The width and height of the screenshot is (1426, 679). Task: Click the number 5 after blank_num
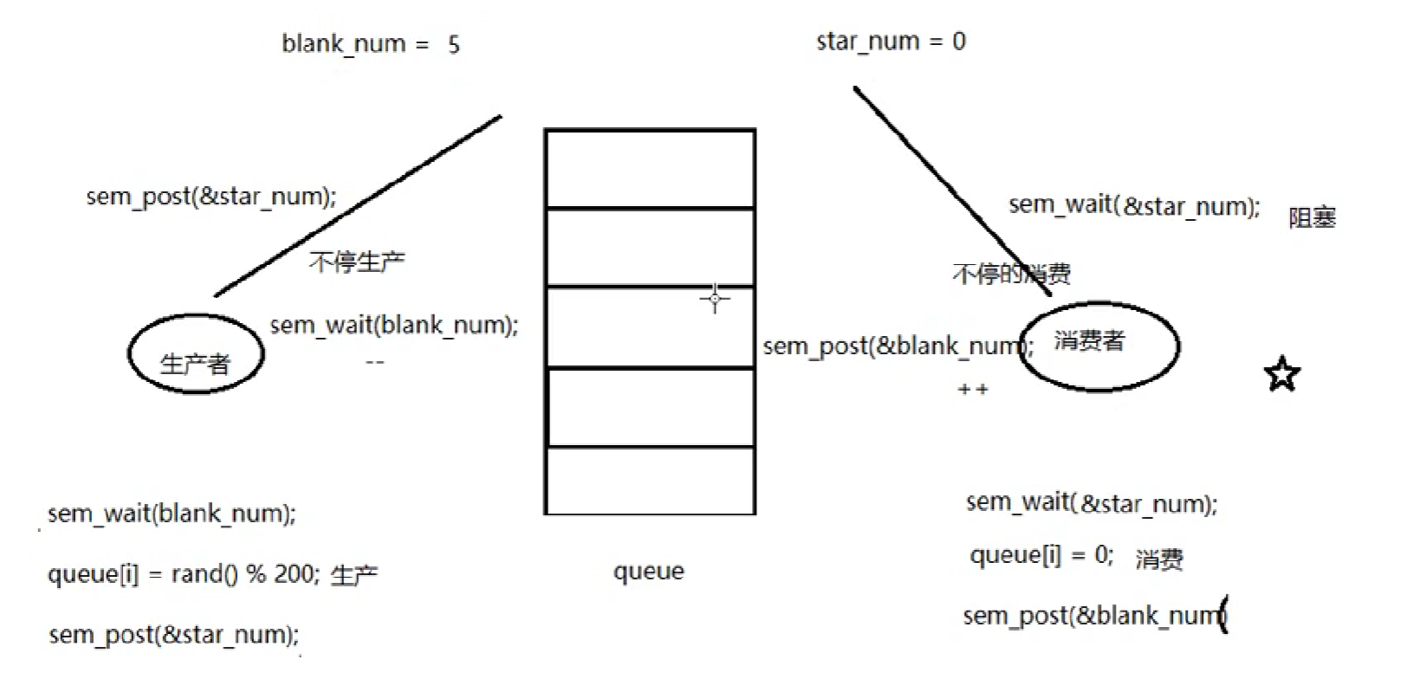point(453,44)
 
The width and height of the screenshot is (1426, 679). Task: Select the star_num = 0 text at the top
point(891,42)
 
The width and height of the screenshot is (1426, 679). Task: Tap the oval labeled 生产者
point(196,354)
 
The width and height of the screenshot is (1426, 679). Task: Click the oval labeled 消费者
point(1099,345)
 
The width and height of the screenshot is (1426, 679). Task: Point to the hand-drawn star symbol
point(1281,375)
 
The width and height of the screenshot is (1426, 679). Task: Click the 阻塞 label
point(1312,217)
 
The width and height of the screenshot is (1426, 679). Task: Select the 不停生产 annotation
point(357,262)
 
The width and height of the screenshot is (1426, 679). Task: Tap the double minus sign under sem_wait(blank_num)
point(374,362)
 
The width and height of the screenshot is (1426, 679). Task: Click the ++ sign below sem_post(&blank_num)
point(973,391)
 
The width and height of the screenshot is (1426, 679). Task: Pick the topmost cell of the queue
point(650,169)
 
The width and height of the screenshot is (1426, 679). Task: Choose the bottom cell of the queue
point(650,481)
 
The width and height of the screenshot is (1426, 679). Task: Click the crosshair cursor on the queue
point(715,299)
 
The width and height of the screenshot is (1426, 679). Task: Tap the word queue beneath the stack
point(649,572)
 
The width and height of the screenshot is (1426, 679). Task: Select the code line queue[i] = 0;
point(1041,555)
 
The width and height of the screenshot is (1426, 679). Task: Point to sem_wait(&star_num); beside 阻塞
point(1134,206)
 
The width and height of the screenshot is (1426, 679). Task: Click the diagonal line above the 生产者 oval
point(358,205)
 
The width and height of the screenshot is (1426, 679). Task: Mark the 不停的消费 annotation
point(1011,275)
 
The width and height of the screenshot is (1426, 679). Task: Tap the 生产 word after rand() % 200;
point(354,575)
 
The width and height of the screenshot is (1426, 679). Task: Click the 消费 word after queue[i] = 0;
point(1159,559)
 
